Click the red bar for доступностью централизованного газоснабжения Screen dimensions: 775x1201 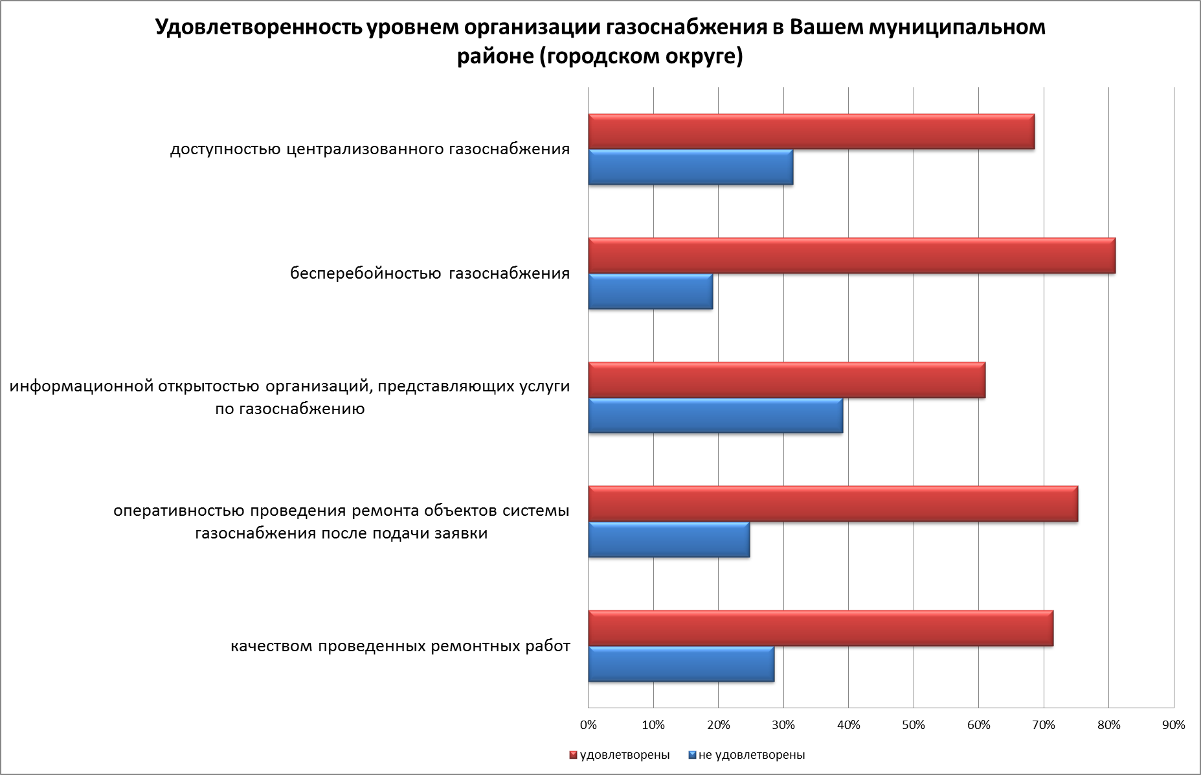[x=811, y=132]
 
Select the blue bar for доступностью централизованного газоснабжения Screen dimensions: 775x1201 [x=690, y=167]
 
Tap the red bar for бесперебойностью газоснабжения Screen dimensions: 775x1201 [x=851, y=255]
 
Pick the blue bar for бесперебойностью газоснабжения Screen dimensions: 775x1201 [x=650, y=292]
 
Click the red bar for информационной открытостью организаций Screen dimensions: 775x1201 [x=786, y=380]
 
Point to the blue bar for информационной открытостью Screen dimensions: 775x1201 [x=715, y=415]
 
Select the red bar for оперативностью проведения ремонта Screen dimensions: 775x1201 [x=833, y=503]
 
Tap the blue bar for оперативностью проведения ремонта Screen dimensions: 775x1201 [x=668, y=540]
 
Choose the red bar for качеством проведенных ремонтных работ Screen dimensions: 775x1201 [x=820, y=628]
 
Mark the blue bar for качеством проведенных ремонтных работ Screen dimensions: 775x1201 [x=680, y=664]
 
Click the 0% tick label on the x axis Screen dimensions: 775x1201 [x=588, y=725]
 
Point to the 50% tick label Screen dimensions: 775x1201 [x=914, y=725]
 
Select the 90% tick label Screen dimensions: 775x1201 [x=1174, y=725]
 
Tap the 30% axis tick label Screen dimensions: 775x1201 [x=783, y=725]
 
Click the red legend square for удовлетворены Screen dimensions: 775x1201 [x=572, y=755]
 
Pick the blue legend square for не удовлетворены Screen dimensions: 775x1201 [x=691, y=755]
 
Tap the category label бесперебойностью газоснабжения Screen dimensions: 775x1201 [x=430, y=273]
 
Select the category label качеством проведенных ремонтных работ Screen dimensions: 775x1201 [x=400, y=646]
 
